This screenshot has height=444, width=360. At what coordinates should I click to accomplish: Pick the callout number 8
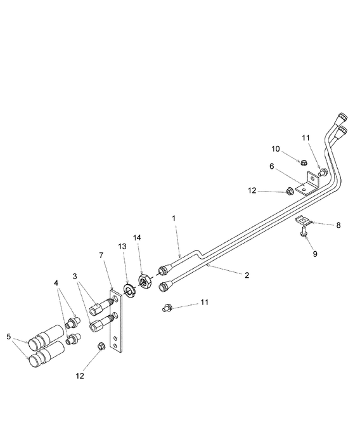[338, 225]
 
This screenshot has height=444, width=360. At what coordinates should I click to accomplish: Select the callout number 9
[315, 253]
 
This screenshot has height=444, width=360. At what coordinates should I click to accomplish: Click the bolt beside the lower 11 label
[167, 308]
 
